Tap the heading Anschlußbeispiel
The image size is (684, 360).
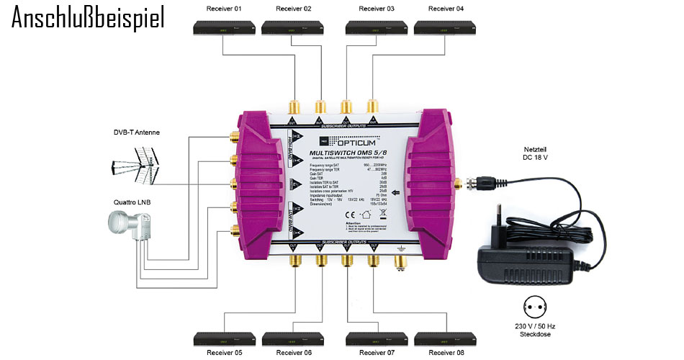88,18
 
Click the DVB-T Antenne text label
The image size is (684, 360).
137,132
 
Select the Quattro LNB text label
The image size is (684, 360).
132,202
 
